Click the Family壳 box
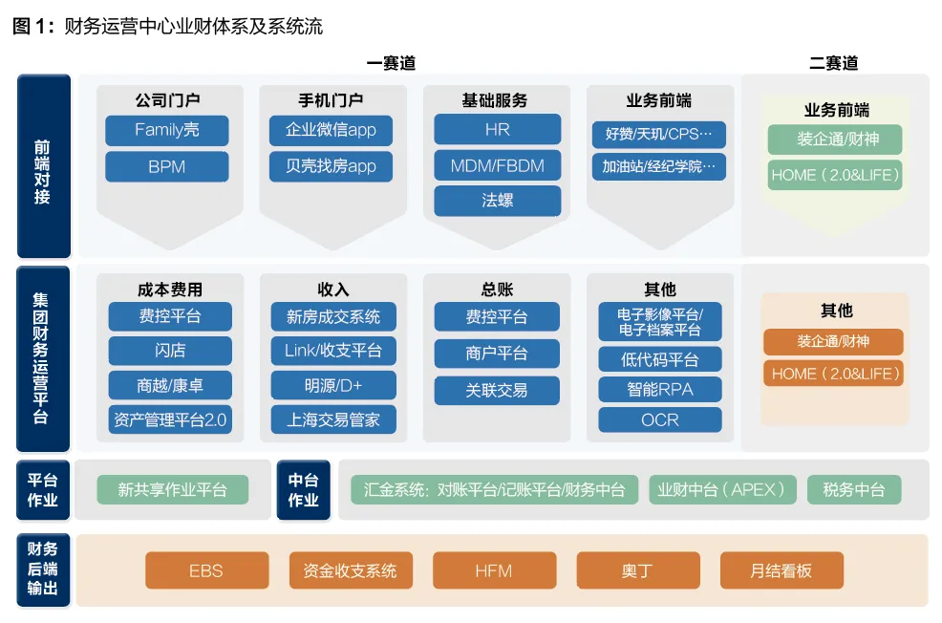click(167, 130)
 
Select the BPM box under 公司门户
click(167, 166)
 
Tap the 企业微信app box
click(331, 130)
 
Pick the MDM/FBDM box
click(498, 165)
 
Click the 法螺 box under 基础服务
click(498, 200)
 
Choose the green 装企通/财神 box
click(835, 140)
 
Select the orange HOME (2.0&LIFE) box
click(834, 374)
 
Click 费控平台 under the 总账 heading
click(497, 316)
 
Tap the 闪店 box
click(170, 351)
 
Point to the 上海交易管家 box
click(333, 419)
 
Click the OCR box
click(660, 419)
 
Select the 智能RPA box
click(660, 389)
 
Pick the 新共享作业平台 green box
click(172, 489)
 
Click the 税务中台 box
click(854, 489)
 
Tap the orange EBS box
click(206, 570)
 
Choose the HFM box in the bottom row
click(495, 570)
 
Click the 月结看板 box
click(781, 570)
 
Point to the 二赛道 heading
click(833, 63)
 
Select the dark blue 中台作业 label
click(304, 489)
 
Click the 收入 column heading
click(333, 290)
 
